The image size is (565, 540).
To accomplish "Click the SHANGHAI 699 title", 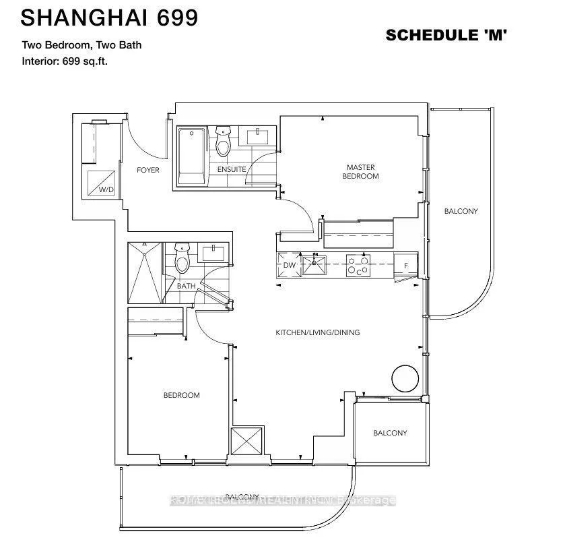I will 109,18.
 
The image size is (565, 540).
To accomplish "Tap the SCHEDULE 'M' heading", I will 446,35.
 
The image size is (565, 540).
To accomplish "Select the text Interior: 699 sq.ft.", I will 65,61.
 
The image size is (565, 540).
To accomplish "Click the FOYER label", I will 147,170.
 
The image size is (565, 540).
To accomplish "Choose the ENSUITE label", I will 231,169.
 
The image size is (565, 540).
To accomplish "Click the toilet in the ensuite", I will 223,142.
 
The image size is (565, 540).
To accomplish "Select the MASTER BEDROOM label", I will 360,171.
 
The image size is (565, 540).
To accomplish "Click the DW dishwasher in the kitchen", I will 289,265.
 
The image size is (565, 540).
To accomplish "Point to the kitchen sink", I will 313,264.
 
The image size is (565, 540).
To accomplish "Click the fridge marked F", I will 406,266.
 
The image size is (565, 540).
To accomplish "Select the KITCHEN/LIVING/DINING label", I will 317,332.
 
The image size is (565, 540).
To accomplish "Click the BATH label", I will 186,286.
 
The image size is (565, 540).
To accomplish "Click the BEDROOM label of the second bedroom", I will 181,395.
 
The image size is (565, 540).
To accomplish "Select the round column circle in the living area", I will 407,377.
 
